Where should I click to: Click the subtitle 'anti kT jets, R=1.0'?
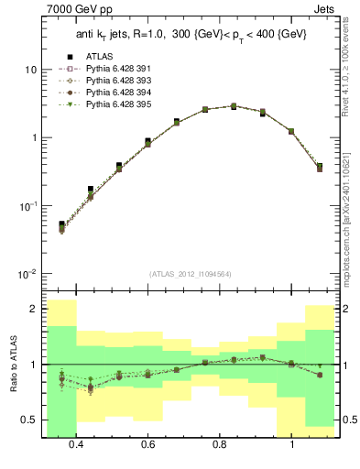[x=119, y=34]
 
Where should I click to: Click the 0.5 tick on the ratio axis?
[x=29, y=420]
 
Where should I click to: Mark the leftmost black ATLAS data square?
[x=61, y=224]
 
